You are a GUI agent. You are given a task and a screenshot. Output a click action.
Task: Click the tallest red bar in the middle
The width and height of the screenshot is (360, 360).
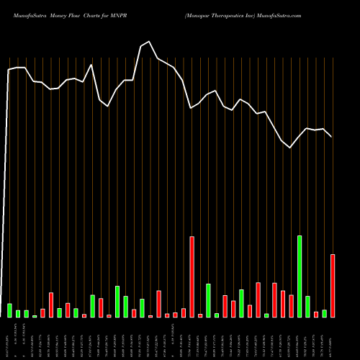[x=192, y=277]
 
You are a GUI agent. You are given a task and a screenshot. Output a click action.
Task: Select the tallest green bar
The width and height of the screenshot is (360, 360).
[x=300, y=276]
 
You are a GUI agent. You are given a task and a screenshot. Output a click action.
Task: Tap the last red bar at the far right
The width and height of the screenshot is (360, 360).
[x=333, y=286]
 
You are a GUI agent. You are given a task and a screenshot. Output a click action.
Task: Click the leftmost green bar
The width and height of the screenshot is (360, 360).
[x=10, y=310]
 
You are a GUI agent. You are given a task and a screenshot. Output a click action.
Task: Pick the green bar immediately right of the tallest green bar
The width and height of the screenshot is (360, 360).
[x=307, y=307]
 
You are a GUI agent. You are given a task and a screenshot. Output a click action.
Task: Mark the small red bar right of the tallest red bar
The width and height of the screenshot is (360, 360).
[x=200, y=315]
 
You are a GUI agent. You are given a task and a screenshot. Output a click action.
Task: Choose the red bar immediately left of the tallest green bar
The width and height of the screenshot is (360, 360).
[x=291, y=306]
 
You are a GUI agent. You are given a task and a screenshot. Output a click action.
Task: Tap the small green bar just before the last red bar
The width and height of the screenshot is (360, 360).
[x=324, y=313]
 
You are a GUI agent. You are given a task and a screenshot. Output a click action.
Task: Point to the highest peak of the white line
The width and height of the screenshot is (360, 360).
[x=149, y=42]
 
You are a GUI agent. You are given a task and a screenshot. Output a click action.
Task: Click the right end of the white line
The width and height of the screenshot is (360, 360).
[x=331, y=136]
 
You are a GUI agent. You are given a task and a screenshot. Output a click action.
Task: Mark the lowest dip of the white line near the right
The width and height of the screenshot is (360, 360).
[x=290, y=148]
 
